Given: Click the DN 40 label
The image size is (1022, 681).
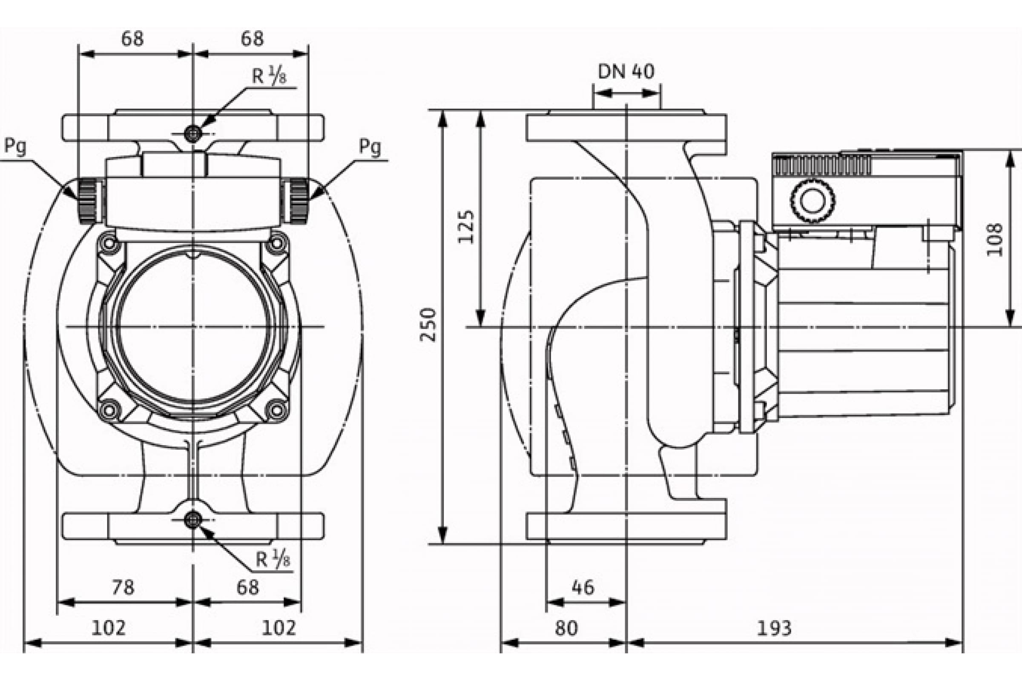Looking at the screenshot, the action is click(x=626, y=72).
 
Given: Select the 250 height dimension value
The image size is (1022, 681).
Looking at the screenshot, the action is click(x=428, y=325).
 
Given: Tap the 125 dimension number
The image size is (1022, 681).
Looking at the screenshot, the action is click(x=466, y=227).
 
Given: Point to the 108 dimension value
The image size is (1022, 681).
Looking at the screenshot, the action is click(x=995, y=239).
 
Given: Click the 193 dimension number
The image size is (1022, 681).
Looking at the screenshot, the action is click(x=774, y=628).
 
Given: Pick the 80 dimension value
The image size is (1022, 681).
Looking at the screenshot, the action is click(x=566, y=628).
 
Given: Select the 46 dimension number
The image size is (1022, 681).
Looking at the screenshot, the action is click(x=583, y=588).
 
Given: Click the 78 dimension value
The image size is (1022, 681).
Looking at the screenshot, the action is click(x=123, y=588).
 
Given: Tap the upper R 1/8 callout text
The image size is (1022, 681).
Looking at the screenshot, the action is click(x=270, y=77).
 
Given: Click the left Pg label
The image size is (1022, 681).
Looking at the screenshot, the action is click(x=15, y=147).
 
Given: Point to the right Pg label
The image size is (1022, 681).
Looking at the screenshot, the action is click(x=370, y=147).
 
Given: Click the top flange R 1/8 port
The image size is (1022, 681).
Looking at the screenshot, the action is click(x=193, y=134).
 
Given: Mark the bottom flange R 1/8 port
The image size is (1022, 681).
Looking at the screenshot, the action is click(x=193, y=520).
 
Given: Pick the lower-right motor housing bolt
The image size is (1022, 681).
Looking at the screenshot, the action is click(x=277, y=409).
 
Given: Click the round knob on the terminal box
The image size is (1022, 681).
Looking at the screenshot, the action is click(x=812, y=200).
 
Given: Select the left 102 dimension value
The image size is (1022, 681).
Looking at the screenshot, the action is click(x=109, y=628).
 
